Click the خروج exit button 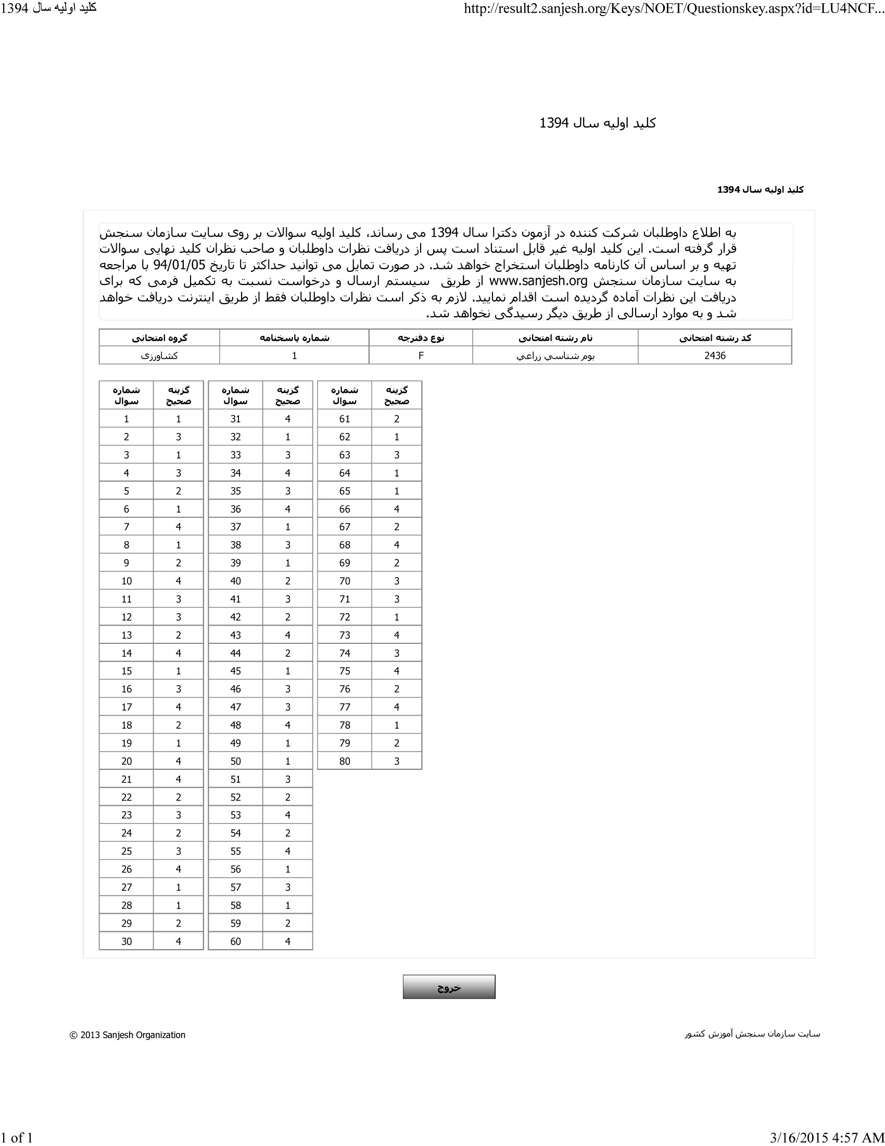(x=449, y=987)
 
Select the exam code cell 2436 (x=715, y=355)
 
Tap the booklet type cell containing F (x=421, y=355)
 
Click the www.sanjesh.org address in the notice (x=538, y=281)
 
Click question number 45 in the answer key (x=235, y=671)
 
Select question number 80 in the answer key (x=345, y=761)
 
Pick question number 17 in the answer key (x=127, y=707)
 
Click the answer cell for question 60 (x=287, y=941)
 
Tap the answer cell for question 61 (x=396, y=419)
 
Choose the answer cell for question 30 (x=178, y=941)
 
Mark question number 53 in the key (x=235, y=815)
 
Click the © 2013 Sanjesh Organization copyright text (x=128, y=1035)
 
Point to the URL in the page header (x=674, y=9)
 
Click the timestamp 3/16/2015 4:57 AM (x=827, y=1137)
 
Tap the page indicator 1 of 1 (x=17, y=1137)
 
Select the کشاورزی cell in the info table (x=159, y=355)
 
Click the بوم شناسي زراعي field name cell (x=555, y=355)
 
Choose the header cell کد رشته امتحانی (x=715, y=338)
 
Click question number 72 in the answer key (x=345, y=617)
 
